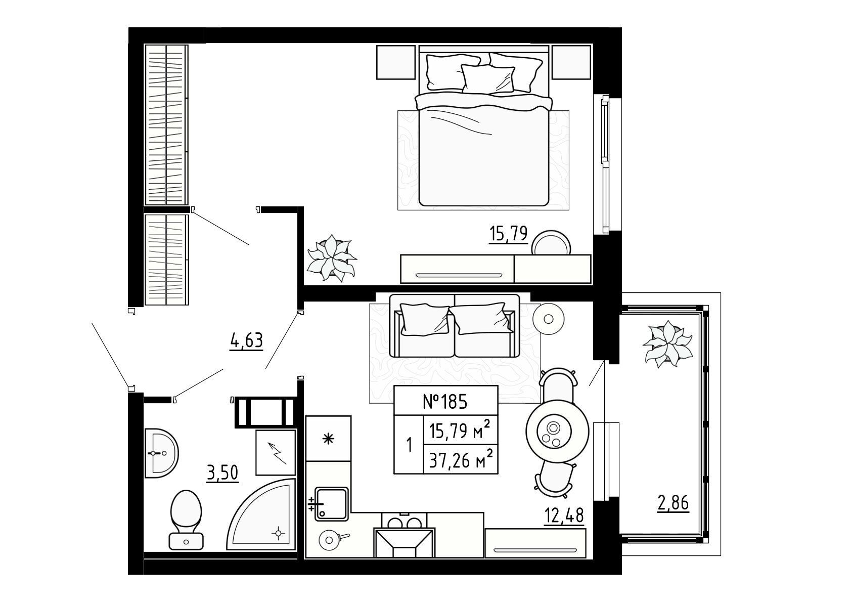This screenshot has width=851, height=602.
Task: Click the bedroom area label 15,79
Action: tap(508, 234)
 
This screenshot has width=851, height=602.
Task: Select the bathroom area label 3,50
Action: tap(222, 473)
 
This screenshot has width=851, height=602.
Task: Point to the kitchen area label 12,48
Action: tap(564, 515)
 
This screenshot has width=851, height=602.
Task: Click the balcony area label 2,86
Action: tap(673, 503)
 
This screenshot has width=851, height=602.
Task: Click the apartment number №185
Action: tap(445, 402)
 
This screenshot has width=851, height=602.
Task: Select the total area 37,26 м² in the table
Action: tap(461, 461)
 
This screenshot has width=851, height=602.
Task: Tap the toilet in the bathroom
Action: tap(186, 519)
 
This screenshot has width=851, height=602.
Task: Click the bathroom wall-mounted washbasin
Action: tap(161, 453)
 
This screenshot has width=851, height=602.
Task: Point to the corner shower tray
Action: tap(262, 515)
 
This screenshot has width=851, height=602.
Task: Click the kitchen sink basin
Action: tap(331, 504)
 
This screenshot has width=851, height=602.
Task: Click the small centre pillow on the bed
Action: tap(487, 78)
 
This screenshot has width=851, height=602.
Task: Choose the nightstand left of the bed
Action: tap(395, 62)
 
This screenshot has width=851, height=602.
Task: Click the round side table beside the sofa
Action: tap(548, 319)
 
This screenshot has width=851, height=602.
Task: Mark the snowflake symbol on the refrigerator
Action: tap(328, 440)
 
